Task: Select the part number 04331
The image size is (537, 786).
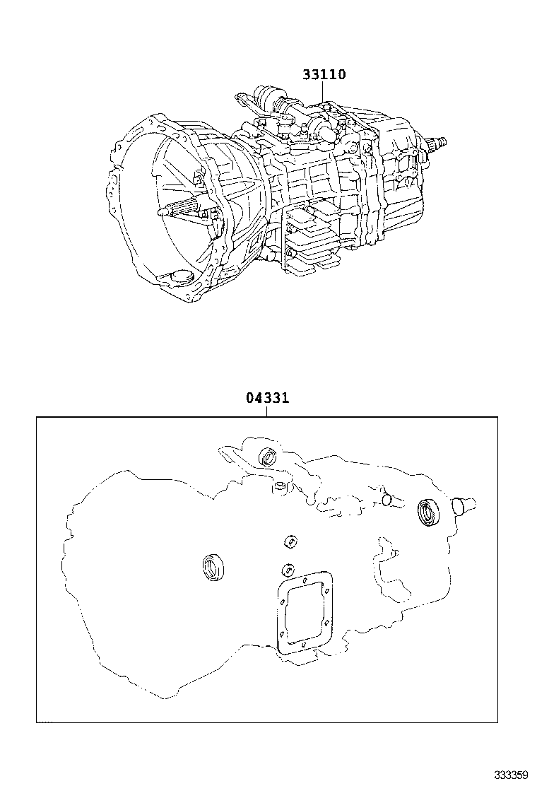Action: click(x=267, y=399)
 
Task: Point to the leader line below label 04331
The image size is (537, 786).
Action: click(x=267, y=411)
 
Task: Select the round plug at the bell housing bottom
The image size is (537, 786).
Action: click(x=182, y=276)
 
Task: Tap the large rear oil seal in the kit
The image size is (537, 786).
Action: click(x=429, y=513)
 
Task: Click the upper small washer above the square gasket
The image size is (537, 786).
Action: click(x=289, y=541)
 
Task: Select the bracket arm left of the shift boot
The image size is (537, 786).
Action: click(x=244, y=100)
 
